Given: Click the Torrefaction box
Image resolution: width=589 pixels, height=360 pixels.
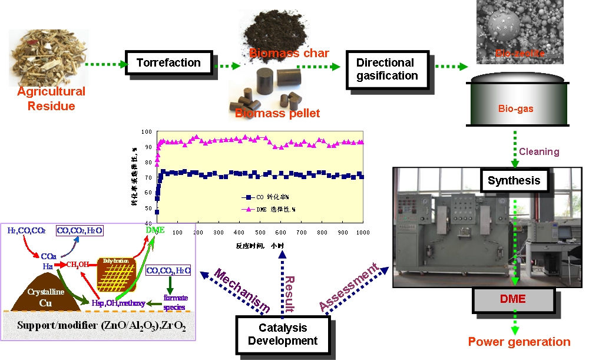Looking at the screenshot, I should pos(168,62).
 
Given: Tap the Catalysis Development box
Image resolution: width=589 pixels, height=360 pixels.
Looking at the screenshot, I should pos(283,334).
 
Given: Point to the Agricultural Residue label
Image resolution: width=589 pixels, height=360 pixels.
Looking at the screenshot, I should pos(51,99).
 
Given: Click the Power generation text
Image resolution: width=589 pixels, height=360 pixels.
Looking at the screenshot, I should pos(519,342).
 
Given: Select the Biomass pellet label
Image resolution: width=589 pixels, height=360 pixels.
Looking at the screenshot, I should pos(277,113).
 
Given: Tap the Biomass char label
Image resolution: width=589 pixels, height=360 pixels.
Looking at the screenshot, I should pos(289,54).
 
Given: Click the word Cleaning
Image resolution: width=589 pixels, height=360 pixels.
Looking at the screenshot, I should pos(539,151).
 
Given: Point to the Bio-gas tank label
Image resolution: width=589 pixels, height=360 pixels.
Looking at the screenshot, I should pos(512,109).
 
